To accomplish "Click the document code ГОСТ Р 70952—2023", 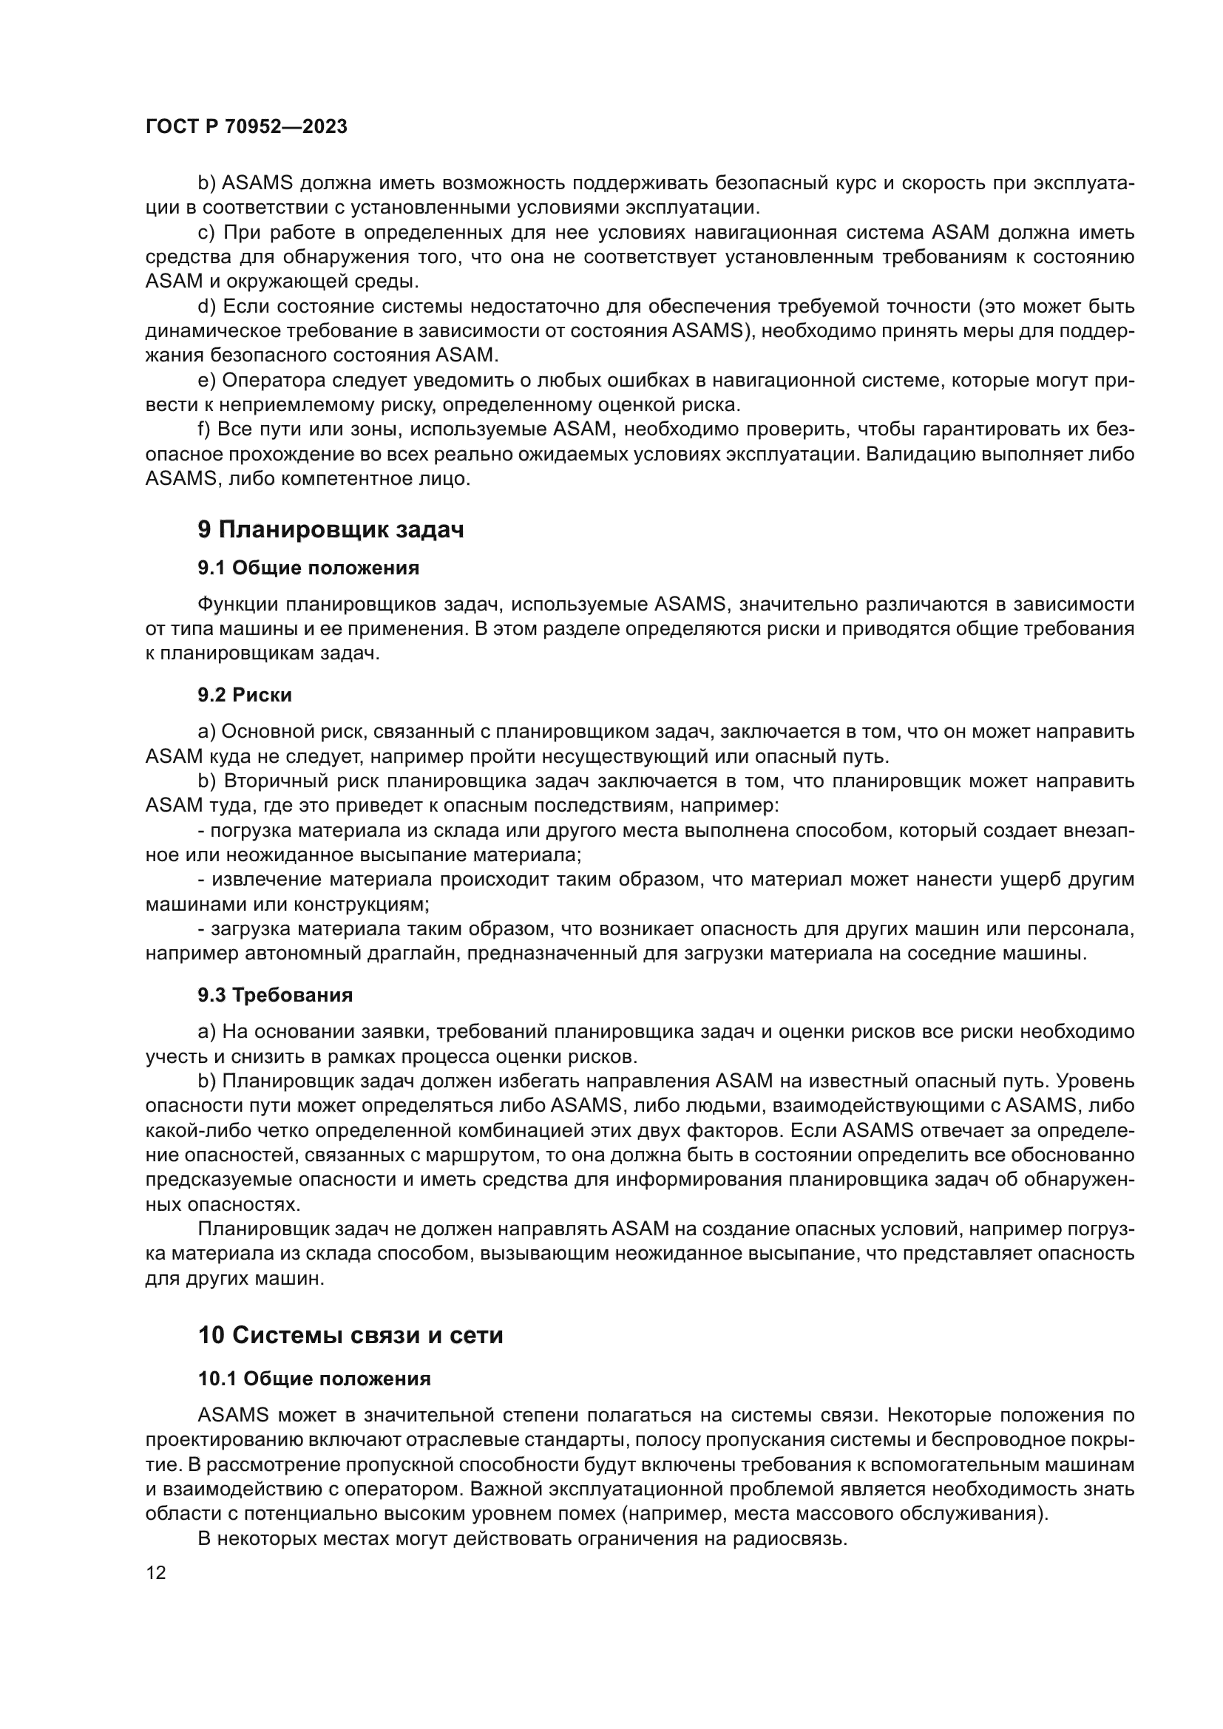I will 246,126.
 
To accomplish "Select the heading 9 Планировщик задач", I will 331,529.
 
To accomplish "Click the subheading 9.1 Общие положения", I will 308,568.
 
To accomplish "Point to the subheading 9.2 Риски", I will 245,694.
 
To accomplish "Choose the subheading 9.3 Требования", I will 275,995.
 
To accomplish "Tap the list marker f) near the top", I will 204,429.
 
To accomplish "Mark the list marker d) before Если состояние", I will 206,307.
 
